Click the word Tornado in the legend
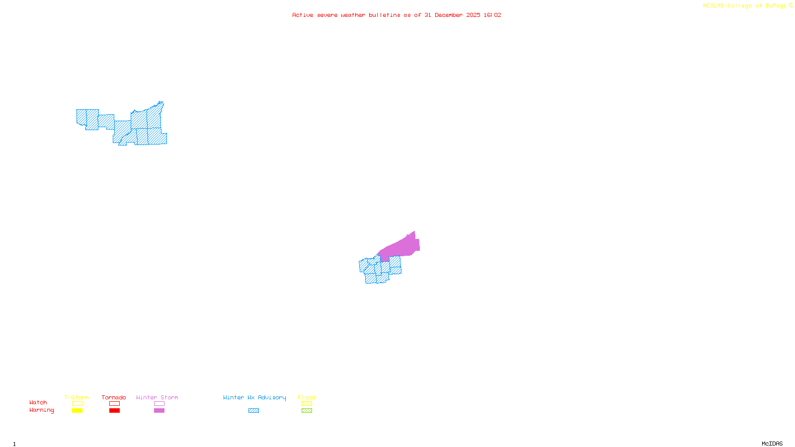tap(114, 397)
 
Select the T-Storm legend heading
tap(77, 397)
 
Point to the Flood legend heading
tap(307, 397)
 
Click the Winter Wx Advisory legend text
tap(254, 397)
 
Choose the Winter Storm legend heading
tap(157, 397)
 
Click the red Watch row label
tap(38, 402)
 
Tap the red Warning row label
tap(41, 410)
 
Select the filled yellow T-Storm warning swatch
tap(77, 411)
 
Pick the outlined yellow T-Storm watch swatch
tap(77, 404)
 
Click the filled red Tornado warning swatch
tap(114, 411)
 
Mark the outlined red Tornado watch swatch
tap(114, 404)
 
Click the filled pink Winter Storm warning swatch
tap(159, 411)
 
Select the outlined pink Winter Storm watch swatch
tap(159, 404)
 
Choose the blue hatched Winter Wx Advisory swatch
tap(253, 411)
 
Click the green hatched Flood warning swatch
tap(307, 411)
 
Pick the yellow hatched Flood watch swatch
tap(307, 404)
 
